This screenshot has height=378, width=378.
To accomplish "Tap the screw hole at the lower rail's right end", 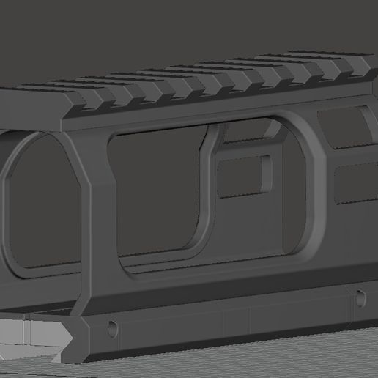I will (x=360, y=297).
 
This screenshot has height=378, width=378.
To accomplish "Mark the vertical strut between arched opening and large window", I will (x=92, y=212).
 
